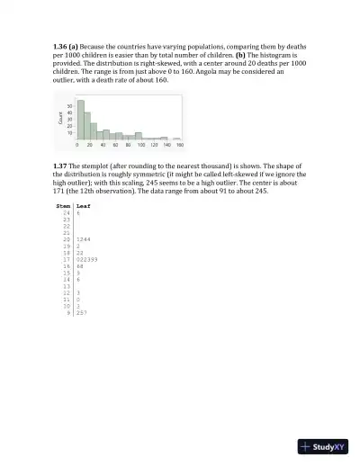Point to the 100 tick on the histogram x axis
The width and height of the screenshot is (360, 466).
(140, 144)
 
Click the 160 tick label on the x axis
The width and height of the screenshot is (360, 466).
(179, 144)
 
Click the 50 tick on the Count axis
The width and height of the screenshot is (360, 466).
(70, 106)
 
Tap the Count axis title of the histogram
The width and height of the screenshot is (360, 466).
(60, 120)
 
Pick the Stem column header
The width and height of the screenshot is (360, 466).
(63, 206)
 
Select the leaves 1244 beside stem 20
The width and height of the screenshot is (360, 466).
(84, 239)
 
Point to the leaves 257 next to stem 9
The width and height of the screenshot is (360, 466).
(82, 312)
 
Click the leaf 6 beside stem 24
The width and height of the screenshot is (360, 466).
(78, 213)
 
